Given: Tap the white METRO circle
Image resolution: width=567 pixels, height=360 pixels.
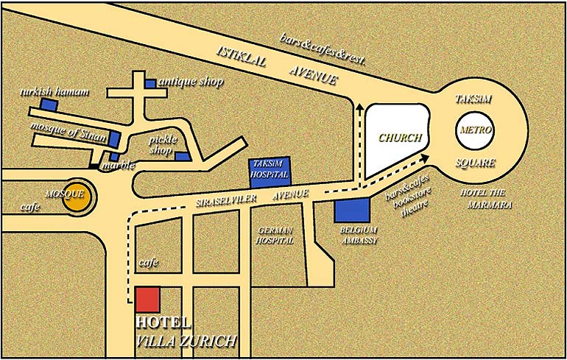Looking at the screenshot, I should pos(473,131).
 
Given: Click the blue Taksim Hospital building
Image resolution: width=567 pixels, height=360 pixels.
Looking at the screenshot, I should pos(268,172).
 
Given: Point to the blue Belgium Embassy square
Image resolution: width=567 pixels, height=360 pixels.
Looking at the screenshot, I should pos(352,211).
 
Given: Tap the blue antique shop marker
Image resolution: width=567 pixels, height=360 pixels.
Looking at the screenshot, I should pos(151,83).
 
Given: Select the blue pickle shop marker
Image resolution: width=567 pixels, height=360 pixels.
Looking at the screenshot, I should pos(182,155).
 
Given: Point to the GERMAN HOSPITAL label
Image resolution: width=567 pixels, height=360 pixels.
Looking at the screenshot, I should pos(275,235).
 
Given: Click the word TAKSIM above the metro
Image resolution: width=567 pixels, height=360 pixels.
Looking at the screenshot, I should pos(473,99).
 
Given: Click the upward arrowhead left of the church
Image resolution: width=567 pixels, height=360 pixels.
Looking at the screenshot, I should pos(359,108).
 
